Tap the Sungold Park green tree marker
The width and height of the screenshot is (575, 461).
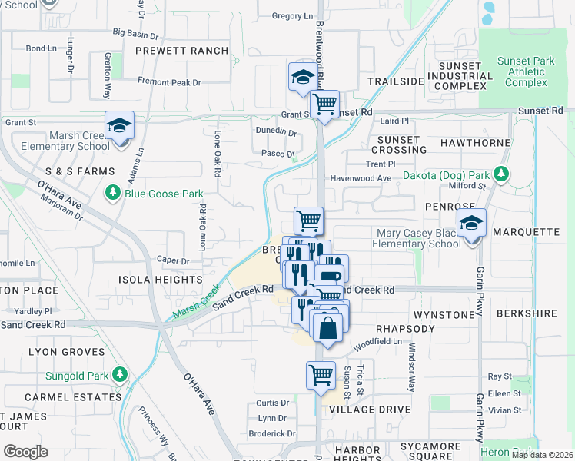pos(119,374)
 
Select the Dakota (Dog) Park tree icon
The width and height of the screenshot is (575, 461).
pos(501,174)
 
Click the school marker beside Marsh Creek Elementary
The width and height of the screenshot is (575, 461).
pos(119,125)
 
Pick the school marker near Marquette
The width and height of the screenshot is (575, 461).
pos(471,224)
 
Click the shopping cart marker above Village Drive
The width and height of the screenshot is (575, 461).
pos(321,375)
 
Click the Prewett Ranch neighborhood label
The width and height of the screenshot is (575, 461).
pos(181,51)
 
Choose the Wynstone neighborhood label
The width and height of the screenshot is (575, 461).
pos(444,315)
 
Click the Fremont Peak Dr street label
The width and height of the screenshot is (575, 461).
pos(169,82)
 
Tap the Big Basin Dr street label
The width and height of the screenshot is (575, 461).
pos(135,35)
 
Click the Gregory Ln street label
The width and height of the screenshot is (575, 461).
pos(293,16)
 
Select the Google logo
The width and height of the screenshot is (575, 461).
pos(25,451)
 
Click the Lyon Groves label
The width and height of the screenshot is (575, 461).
pos(66,352)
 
